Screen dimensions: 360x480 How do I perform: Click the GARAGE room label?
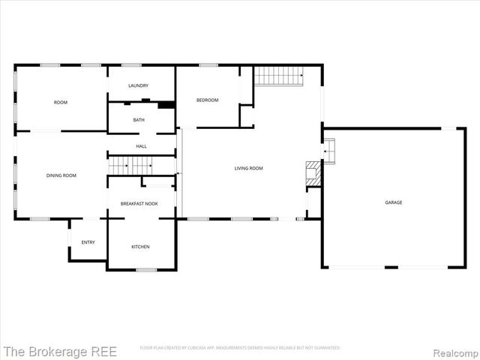pos(394,202)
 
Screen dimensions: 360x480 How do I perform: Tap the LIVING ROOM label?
pos(249,169)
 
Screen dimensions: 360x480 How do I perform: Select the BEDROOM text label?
pos(208,100)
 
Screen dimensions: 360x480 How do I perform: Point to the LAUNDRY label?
pos(138,85)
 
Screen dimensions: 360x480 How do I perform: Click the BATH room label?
pos(139,120)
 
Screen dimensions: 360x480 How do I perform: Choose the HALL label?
pos(141,146)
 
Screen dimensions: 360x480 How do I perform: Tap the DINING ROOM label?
pos(61,175)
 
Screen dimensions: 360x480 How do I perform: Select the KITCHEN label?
pos(140,247)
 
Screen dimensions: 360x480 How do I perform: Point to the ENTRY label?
pos(88,242)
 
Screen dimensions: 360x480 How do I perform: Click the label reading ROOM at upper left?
pos(61,102)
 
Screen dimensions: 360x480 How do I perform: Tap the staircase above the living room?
pos(278,76)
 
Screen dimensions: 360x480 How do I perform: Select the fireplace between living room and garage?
pos(313,173)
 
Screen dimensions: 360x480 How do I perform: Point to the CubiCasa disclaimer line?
pos(240,348)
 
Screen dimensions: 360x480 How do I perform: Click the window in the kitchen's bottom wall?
pos(145,269)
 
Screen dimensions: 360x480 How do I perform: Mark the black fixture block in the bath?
pos(166,105)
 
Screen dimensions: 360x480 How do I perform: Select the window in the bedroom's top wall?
pos(208,65)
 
